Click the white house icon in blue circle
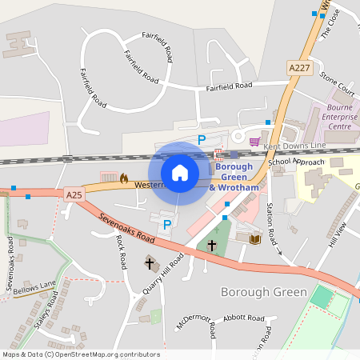(x=180, y=173)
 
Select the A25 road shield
(x=74, y=194)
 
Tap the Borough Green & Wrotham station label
(x=234, y=177)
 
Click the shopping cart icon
(x=254, y=142)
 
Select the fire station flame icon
(x=124, y=179)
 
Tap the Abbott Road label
(x=244, y=318)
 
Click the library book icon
(x=255, y=238)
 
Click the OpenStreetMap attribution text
(x=80, y=354)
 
